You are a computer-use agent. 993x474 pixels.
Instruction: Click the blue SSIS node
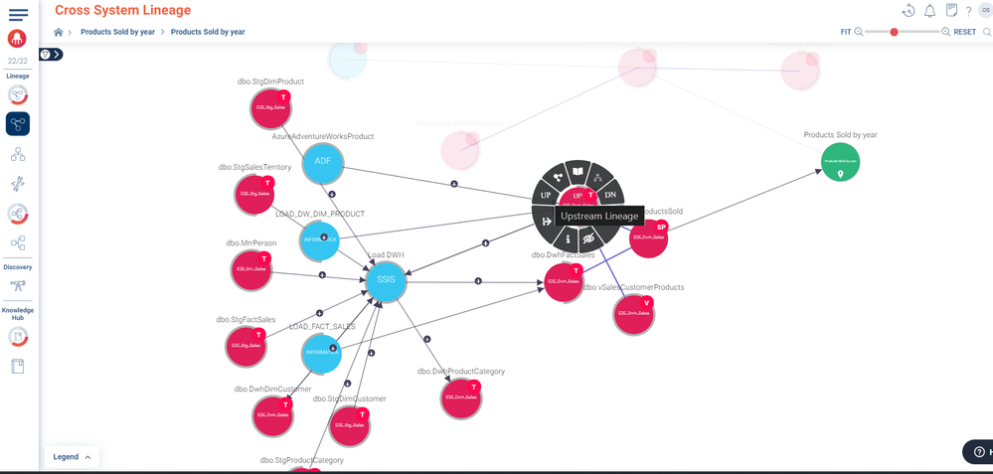click(386, 280)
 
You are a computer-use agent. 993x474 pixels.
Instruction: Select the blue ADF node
click(322, 162)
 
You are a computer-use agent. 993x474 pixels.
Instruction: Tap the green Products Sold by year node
click(841, 162)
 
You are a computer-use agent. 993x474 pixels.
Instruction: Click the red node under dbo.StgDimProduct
click(270, 109)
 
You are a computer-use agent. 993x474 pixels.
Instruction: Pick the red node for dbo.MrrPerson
click(251, 269)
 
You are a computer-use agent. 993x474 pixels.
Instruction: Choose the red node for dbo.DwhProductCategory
click(461, 397)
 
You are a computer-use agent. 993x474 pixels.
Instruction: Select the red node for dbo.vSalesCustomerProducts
click(633, 314)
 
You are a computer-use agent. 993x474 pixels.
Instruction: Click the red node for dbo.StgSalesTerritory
click(254, 194)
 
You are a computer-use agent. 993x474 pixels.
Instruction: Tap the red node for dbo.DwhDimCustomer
click(273, 415)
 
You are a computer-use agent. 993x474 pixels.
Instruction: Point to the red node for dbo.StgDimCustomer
click(350, 425)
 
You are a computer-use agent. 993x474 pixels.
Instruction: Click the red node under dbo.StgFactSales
click(246, 346)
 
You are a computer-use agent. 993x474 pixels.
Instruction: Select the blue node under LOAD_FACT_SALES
click(321, 353)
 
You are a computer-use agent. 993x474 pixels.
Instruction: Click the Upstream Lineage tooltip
click(599, 216)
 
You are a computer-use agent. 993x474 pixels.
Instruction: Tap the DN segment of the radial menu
click(610, 195)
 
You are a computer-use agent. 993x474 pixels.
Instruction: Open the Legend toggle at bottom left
click(72, 457)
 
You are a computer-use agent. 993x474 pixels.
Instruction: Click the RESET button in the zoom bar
click(964, 32)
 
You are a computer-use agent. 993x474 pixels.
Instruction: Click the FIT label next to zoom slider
click(846, 32)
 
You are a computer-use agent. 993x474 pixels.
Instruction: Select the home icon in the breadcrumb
click(59, 32)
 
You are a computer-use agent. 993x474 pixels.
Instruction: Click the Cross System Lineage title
click(123, 10)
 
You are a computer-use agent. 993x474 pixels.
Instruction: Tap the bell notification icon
click(929, 11)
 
